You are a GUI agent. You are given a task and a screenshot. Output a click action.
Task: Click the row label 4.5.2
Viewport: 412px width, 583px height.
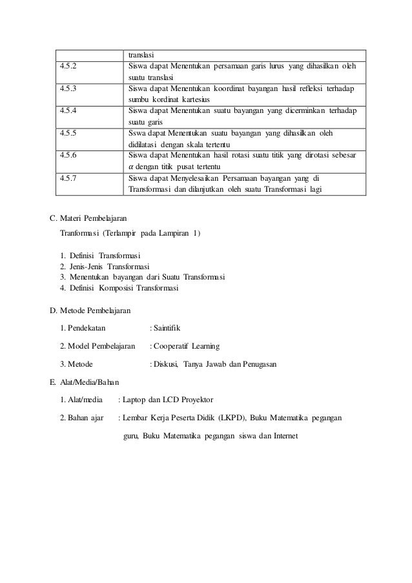pyautogui.click(x=68, y=66)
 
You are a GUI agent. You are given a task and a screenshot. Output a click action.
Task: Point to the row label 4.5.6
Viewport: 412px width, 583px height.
pyautogui.click(x=68, y=156)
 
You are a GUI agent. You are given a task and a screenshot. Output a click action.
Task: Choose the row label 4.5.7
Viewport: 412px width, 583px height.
pyautogui.click(x=68, y=178)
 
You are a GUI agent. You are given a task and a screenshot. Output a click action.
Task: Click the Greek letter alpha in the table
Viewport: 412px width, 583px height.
pyautogui.click(x=131, y=167)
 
